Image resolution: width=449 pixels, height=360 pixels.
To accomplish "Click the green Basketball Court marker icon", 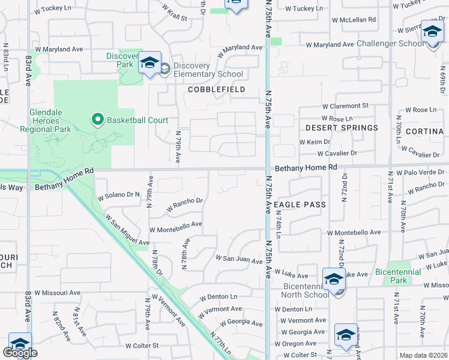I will click(98, 120).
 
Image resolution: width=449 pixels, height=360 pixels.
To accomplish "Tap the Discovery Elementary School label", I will click(208, 70).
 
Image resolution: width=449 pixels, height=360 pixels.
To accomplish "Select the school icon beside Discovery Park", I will click(149, 63).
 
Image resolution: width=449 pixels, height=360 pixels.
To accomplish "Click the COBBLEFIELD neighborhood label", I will click(216, 89).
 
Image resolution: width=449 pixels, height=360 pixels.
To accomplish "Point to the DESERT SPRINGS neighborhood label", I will click(342, 128).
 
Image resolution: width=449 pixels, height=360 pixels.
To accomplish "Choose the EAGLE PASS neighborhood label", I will click(300, 205).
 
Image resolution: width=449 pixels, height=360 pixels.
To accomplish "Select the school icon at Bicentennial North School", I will click(334, 279).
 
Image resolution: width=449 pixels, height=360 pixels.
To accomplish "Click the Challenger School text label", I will click(390, 44).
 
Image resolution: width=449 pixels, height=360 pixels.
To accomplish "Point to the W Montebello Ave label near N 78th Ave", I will click(175, 228).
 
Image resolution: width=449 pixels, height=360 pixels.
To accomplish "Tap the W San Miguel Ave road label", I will click(127, 230).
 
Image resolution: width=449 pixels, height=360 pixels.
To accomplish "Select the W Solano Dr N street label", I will click(118, 195).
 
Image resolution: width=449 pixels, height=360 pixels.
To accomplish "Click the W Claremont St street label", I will click(345, 105).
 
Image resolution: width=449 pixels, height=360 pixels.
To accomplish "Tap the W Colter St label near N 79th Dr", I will click(141, 346).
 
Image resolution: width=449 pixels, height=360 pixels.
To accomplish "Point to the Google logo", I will click(20, 353).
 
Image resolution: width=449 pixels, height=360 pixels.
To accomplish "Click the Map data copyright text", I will click(423, 355).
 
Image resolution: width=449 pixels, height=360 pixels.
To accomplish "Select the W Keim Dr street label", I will click(315, 142).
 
